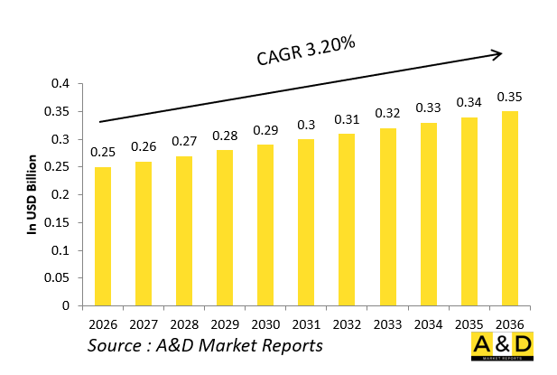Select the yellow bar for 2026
pos(103,236)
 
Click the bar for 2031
pos(307,222)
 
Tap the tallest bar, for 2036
pos(510,208)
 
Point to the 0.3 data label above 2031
pos(307,125)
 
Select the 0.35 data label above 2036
pos(510,97)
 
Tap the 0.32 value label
pos(388,113)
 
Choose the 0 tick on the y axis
pos(66,305)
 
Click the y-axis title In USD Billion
pos(32,194)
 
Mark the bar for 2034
pos(429,214)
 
